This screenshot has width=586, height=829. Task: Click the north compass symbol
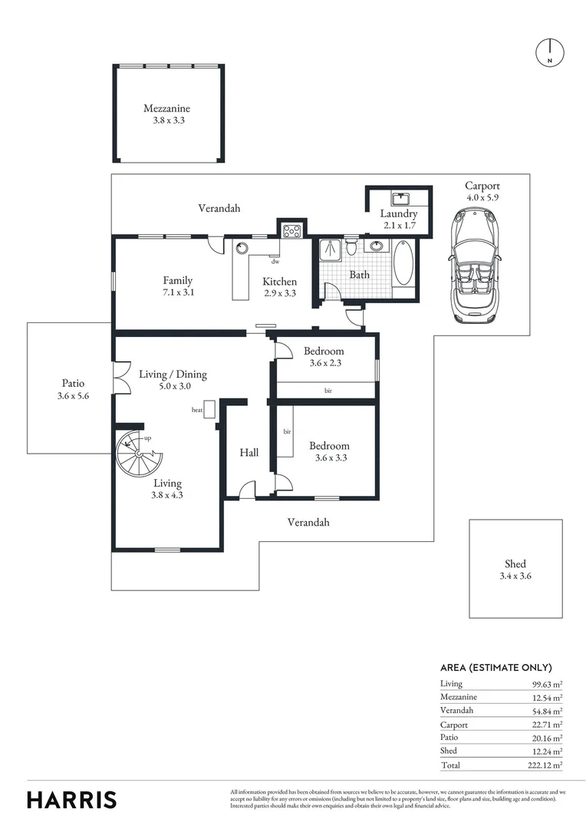[549, 52]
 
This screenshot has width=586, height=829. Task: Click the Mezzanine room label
[166, 109]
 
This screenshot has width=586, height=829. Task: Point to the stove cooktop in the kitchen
[291, 229]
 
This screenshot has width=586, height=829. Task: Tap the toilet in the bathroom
[351, 247]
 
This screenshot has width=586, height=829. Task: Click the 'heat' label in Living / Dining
[197, 410]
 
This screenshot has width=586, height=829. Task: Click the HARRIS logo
[72, 799]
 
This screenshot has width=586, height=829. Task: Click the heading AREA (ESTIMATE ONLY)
[495, 668]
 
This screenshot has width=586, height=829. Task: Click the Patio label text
[74, 383]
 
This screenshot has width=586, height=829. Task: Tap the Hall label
[249, 453]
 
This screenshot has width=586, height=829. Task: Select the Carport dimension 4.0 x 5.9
[482, 197]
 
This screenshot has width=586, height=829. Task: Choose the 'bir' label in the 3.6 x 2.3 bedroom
[328, 391]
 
